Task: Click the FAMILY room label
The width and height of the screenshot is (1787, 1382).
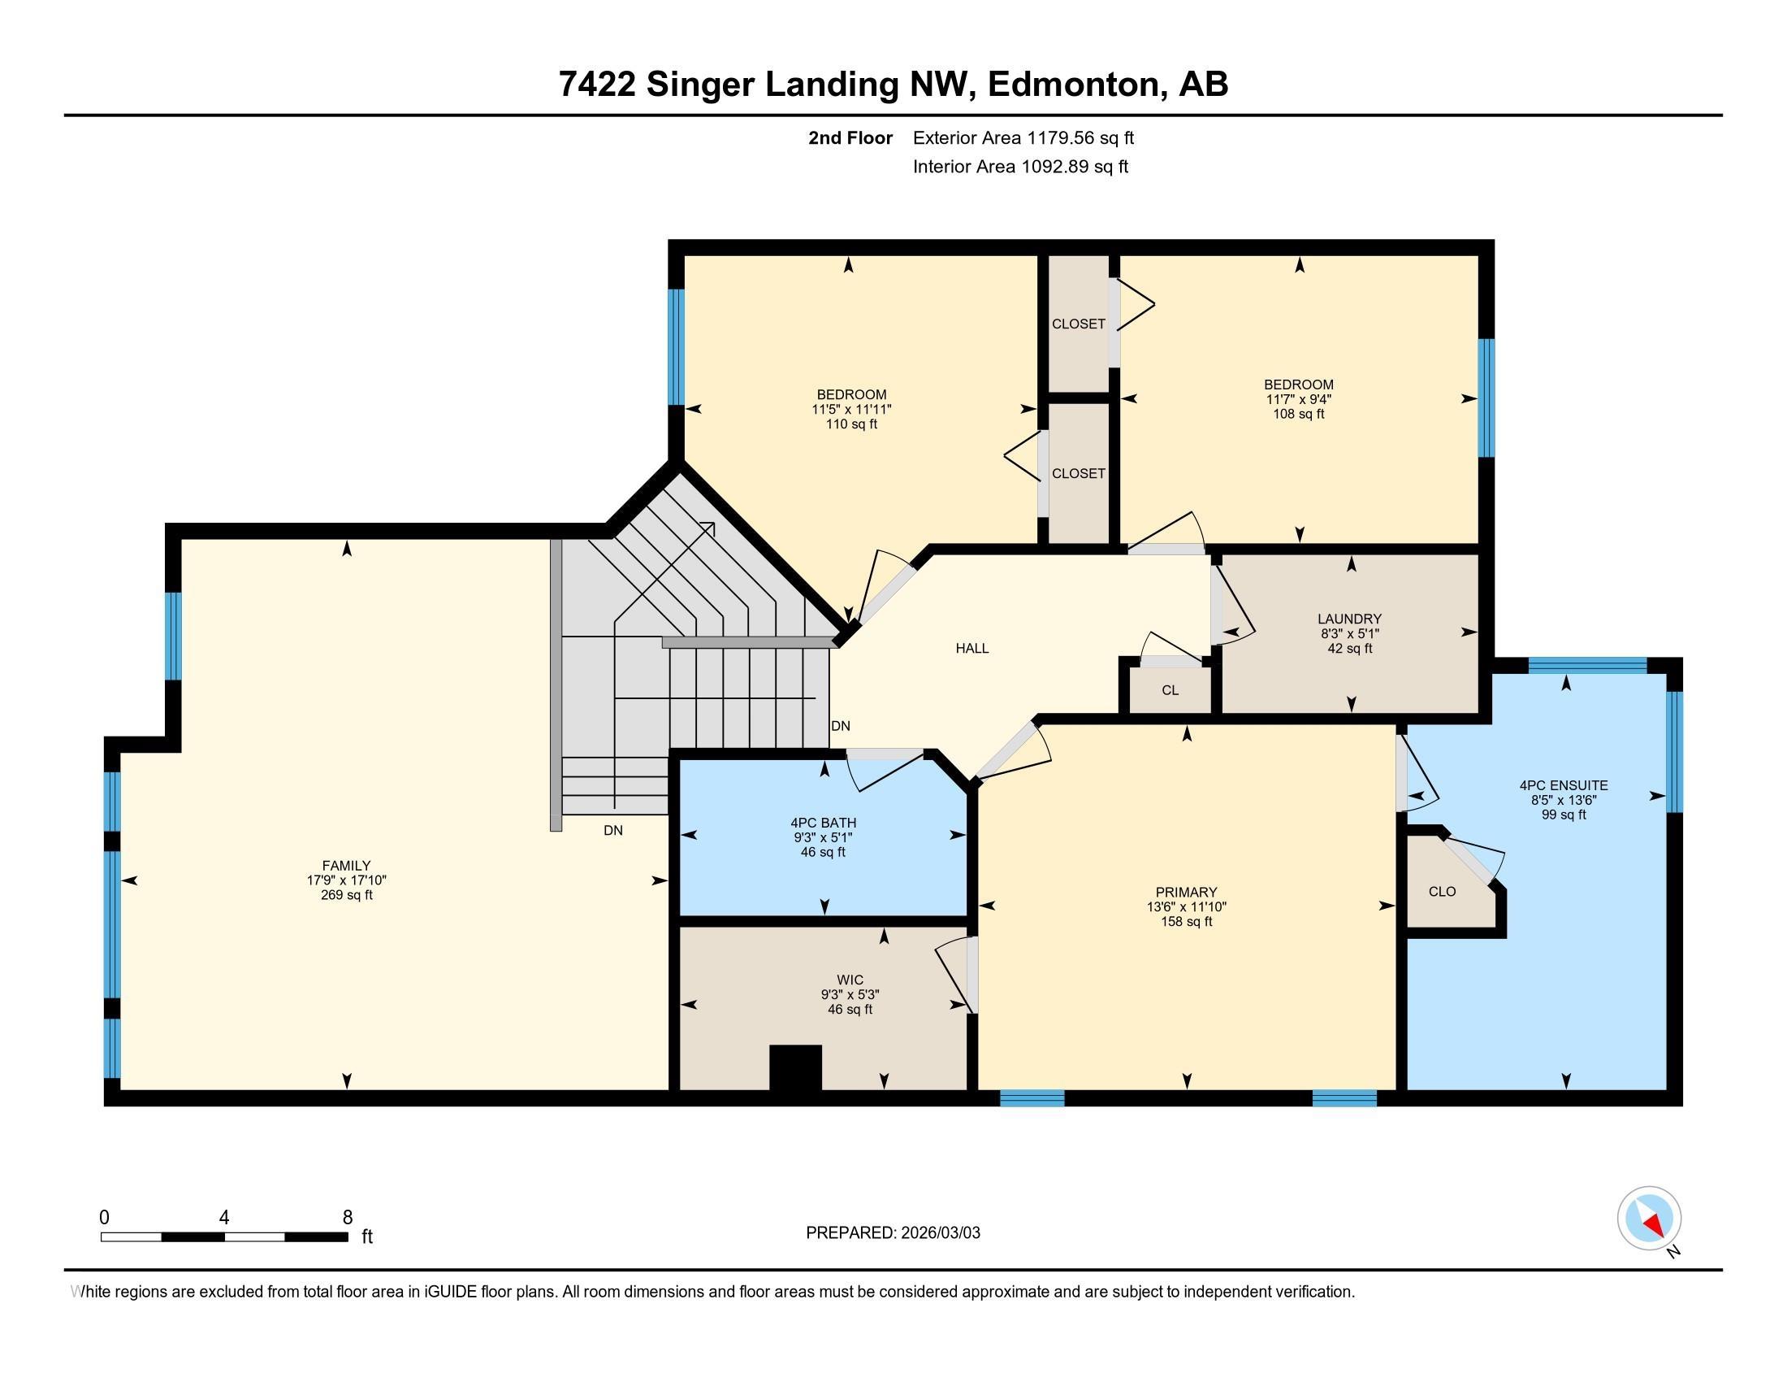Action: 346,866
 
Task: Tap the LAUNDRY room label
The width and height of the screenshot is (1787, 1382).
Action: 1349,619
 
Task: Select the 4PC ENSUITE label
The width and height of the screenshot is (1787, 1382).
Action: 1564,785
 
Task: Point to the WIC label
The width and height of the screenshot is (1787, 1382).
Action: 850,980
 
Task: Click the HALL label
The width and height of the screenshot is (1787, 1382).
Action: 972,649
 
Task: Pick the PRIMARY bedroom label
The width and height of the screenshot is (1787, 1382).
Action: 1187,892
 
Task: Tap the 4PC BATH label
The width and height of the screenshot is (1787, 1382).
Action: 823,823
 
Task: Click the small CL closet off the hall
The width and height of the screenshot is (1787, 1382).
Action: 1170,690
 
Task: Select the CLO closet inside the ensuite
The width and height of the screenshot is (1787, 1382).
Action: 1442,892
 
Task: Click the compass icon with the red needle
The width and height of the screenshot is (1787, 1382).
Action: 1649,1219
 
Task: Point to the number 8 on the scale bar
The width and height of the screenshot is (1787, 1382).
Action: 348,1217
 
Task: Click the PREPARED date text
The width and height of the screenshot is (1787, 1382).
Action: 893,1233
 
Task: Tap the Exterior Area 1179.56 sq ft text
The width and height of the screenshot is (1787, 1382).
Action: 1023,137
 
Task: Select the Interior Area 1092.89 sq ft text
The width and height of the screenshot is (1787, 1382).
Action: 1020,167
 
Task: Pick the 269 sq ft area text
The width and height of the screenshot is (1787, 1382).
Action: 346,895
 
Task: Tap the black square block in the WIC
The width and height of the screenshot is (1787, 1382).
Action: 795,1067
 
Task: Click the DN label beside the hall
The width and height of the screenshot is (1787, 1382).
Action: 841,726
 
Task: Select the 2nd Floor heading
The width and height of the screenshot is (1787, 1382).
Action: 850,137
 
